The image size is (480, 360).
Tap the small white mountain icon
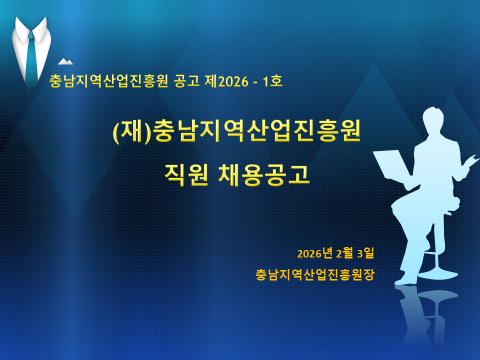tap(65, 61)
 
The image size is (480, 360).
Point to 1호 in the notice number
tap(272, 80)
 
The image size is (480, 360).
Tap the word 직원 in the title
tap(186, 175)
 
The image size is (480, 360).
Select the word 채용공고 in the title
tap(264, 175)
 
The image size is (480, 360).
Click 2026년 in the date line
tap(314, 253)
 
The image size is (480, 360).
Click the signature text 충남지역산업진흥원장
tap(315, 274)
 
